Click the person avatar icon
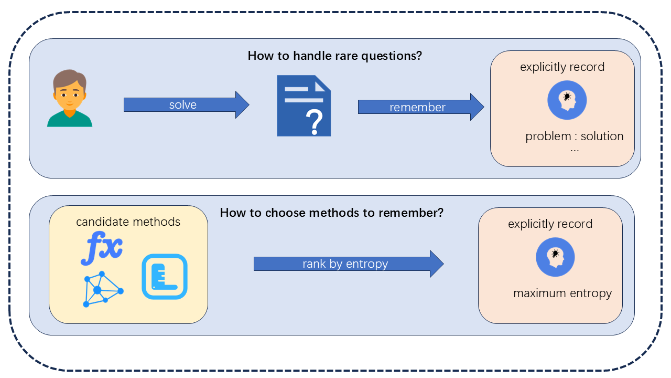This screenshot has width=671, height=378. coord(70,99)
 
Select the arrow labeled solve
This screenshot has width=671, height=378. coord(186,104)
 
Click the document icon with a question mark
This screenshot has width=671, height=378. coord(304,106)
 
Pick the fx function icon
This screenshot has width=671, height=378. coord(102,249)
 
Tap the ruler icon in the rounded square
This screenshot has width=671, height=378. coord(165,277)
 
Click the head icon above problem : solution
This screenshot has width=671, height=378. coord(567,100)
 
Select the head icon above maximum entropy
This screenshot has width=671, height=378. coord(555,258)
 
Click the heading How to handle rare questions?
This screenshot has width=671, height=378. coord(334,56)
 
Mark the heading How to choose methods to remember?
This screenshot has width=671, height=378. coord(332,213)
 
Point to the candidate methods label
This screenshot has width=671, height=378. coord(128,222)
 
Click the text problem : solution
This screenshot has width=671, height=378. coord(575,136)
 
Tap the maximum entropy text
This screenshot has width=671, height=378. coord(562,293)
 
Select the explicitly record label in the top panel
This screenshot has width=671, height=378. coord(562,67)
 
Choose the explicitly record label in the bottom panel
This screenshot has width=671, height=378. coord(550,224)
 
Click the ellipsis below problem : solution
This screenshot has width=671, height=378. coord(575,149)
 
